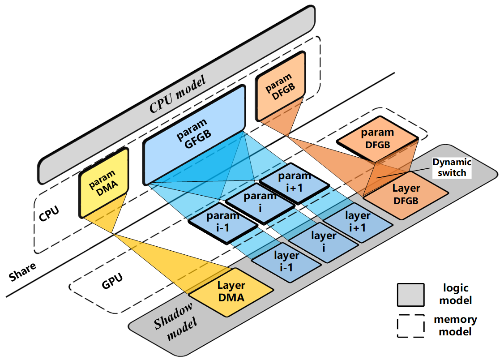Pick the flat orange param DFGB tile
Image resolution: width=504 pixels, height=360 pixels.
click(377, 139)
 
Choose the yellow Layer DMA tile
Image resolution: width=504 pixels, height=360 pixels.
click(231, 291)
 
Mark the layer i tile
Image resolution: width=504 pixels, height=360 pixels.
click(324, 241)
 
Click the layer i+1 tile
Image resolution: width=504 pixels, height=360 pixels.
click(358, 221)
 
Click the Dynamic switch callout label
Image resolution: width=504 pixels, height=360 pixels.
click(450, 167)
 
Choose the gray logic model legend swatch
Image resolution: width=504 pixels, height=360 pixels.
click(410, 295)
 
